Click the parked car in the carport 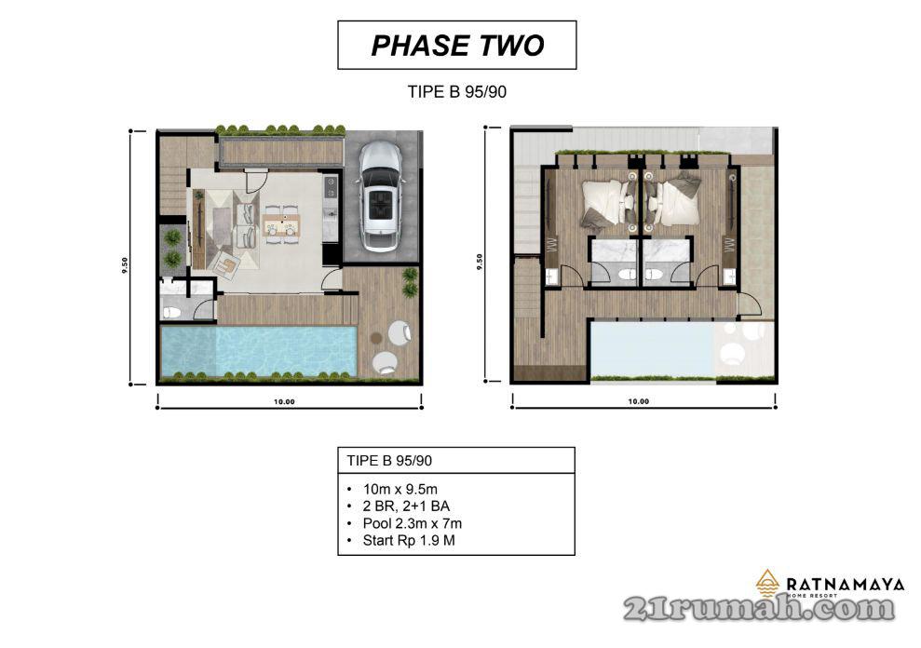tap(379, 197)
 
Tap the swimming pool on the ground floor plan tap(259, 351)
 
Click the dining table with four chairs tap(282, 223)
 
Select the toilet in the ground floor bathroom tap(171, 313)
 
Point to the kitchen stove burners tap(331, 185)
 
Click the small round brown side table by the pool tap(376, 338)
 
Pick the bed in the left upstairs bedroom tap(608, 202)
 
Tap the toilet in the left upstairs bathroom tap(627, 274)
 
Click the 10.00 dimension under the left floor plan tap(284, 402)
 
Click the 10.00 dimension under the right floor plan tap(639, 402)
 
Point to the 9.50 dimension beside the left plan tap(125, 265)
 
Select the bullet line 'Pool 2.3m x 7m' tap(413, 523)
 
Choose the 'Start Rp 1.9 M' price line tap(409, 541)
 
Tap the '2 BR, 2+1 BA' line tap(406, 506)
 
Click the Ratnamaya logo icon tap(767, 583)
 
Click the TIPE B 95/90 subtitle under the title tap(457, 91)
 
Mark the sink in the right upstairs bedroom tap(729, 277)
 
